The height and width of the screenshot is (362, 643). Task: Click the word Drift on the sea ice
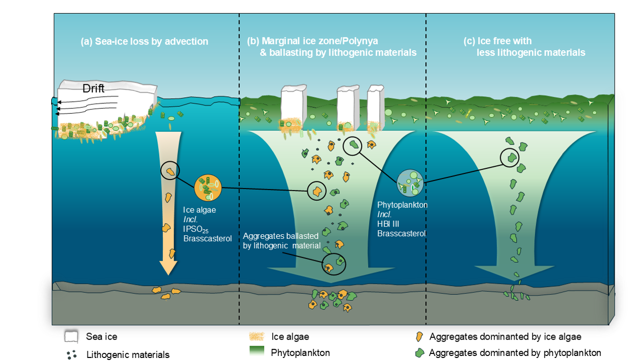[x=94, y=89]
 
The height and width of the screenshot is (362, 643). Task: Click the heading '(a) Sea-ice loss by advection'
[x=145, y=42]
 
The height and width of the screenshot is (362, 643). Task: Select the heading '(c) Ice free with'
[x=497, y=42]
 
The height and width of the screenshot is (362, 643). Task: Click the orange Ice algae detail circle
[x=208, y=188]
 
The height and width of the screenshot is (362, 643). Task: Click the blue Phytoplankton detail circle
[x=410, y=183]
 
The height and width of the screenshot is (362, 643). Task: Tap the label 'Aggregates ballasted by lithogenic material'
[x=281, y=241]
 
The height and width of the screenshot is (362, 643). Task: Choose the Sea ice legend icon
[x=70, y=336]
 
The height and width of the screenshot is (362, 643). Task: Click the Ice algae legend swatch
[x=258, y=336]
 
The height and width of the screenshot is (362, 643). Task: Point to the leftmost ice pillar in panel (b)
[x=293, y=106]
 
